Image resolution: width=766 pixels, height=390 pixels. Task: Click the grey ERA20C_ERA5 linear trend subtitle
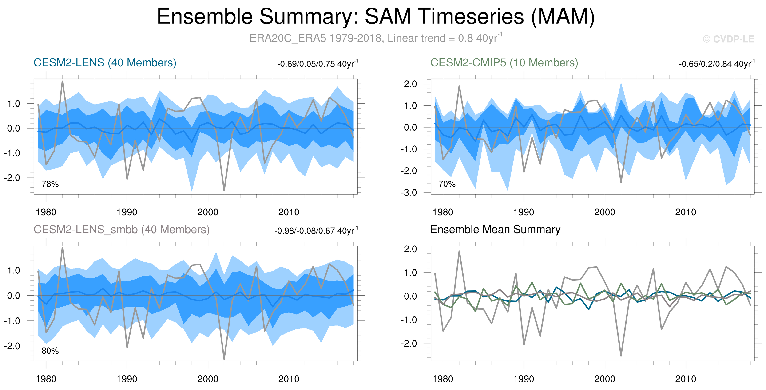click(x=376, y=38)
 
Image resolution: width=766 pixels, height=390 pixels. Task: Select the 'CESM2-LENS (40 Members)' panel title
click(x=105, y=63)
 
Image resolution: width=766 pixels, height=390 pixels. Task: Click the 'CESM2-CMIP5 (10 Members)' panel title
click(x=504, y=63)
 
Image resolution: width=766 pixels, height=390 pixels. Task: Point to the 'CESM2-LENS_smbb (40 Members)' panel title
click(x=122, y=230)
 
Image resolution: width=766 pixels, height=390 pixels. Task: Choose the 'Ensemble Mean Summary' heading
click(x=495, y=230)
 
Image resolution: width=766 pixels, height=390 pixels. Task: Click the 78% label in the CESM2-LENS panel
click(x=50, y=184)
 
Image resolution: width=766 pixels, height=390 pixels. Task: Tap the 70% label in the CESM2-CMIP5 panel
click(x=447, y=184)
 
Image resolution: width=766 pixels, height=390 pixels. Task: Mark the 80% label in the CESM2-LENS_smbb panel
click(x=50, y=351)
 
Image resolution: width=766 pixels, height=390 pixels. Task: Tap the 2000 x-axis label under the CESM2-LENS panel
click(x=208, y=212)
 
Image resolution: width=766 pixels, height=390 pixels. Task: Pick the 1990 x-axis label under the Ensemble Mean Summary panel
click(x=524, y=379)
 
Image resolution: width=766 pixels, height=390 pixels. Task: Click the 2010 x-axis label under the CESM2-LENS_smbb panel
click(x=289, y=379)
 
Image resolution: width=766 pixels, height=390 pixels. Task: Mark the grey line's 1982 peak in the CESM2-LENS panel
click(x=63, y=81)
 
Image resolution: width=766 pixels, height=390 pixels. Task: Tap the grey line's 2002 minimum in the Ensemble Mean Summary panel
click(x=621, y=355)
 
